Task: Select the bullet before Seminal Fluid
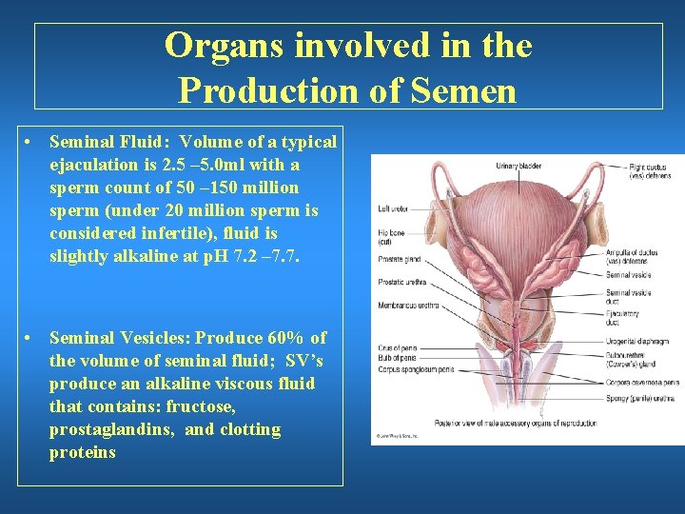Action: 31,142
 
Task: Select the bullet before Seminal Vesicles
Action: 31,338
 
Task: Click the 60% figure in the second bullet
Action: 284,338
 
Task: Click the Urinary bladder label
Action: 519,167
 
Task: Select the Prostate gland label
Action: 399,258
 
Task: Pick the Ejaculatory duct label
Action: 622,317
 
